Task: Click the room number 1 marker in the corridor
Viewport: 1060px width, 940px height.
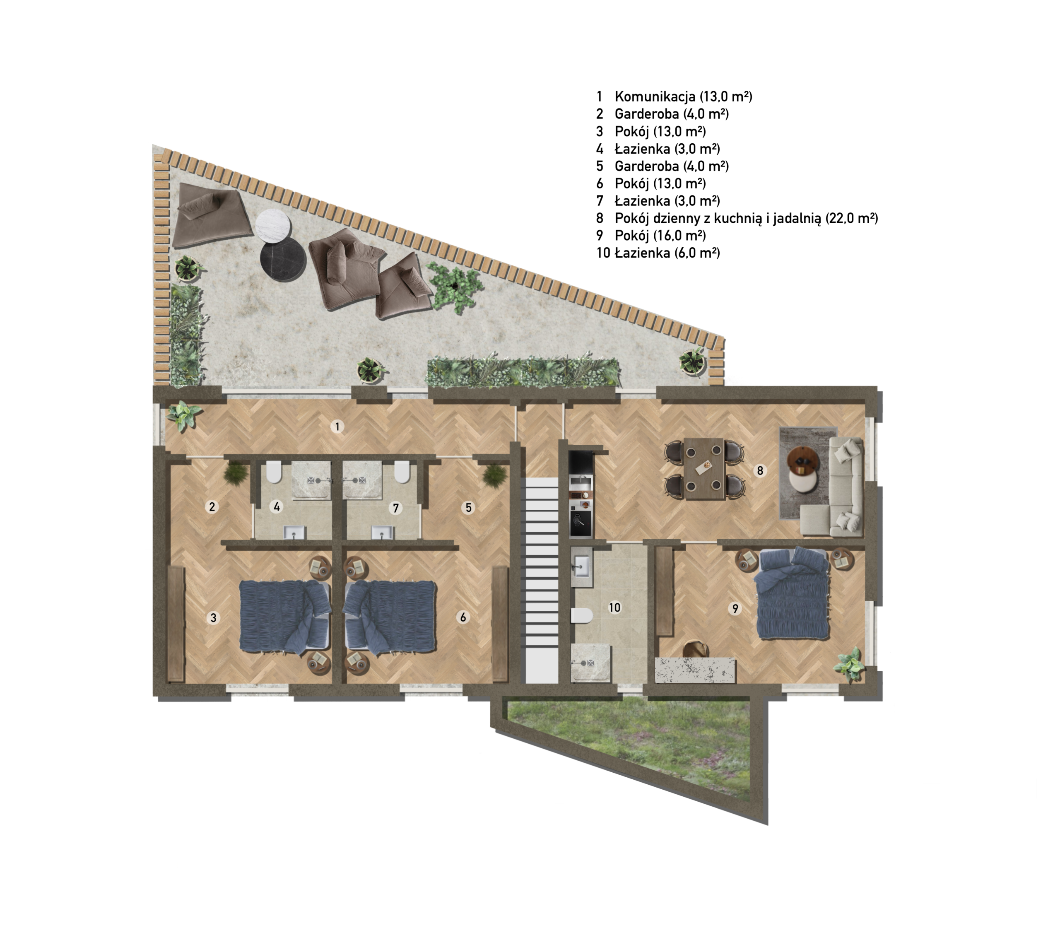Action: pos(337,427)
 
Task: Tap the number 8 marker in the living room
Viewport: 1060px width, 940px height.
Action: pos(760,470)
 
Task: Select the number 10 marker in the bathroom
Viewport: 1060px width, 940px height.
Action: pos(614,607)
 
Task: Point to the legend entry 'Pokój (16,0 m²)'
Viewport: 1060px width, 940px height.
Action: pos(660,236)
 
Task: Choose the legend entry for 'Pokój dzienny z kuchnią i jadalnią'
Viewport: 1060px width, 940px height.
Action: pos(746,218)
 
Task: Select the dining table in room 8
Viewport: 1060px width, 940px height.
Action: pos(704,468)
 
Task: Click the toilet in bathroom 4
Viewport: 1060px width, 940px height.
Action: pos(273,471)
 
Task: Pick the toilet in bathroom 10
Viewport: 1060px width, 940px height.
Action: pos(582,615)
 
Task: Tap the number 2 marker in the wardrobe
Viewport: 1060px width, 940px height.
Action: pos(212,506)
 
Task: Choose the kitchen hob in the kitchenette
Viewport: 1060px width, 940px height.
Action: pos(580,523)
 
